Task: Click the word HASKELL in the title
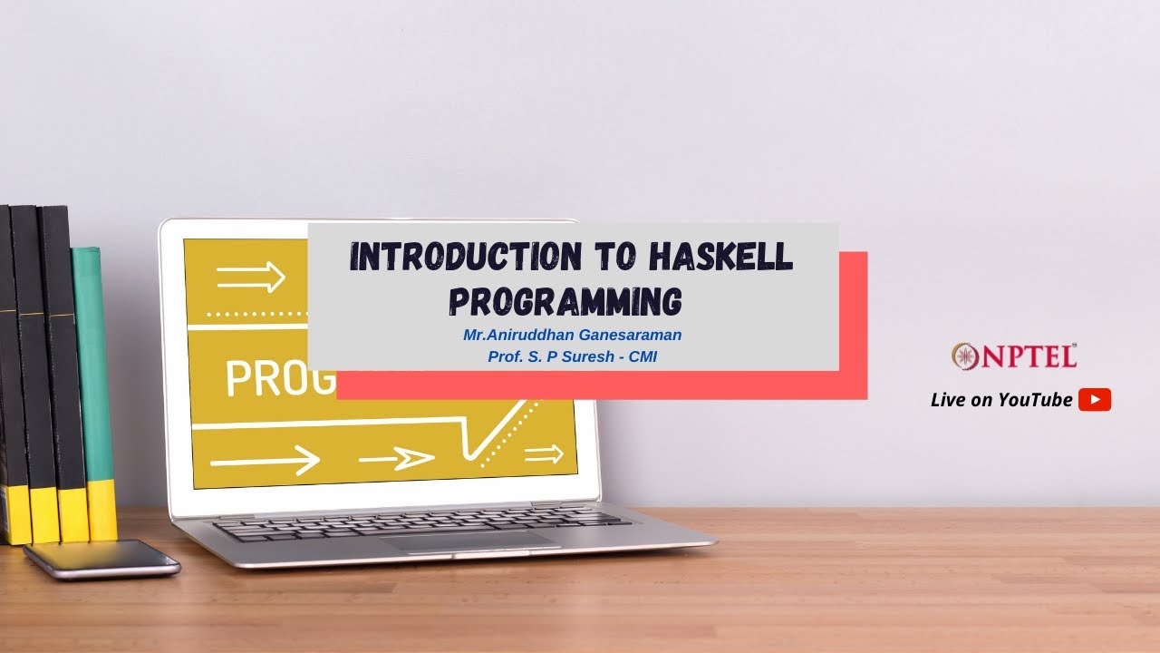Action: coord(720,258)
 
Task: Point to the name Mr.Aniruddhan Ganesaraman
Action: coord(572,335)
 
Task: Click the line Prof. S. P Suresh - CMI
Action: coord(572,356)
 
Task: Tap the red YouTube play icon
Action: coord(1095,400)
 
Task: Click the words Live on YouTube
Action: coord(1001,400)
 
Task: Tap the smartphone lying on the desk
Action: coord(101,558)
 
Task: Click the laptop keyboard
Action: coord(421,523)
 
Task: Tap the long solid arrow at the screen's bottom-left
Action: coord(265,461)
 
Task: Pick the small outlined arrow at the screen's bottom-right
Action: coord(544,454)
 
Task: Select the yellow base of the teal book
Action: coord(101,510)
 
